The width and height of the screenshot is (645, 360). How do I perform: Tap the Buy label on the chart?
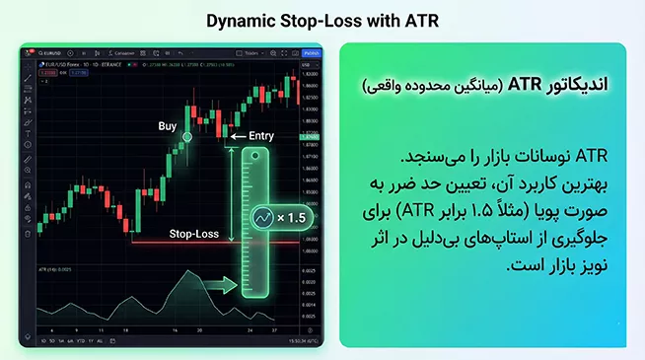point(169,126)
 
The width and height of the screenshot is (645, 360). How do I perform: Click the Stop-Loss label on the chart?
point(193,235)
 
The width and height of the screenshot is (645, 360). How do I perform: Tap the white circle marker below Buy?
point(187,145)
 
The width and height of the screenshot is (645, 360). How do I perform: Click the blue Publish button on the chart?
point(311,52)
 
